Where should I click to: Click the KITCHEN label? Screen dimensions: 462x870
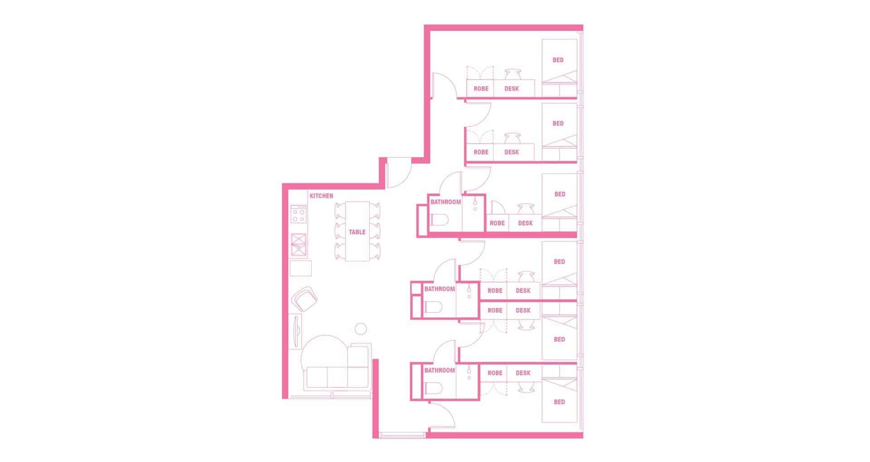[321, 196]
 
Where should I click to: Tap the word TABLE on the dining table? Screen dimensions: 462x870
[357, 232]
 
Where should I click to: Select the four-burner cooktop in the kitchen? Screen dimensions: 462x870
[299, 214]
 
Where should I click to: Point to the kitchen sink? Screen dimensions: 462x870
[299, 245]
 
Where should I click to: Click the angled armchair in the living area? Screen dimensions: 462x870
[305, 298]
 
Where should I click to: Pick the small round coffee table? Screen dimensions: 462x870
[361, 329]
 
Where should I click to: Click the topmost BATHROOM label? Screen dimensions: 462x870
[445, 202]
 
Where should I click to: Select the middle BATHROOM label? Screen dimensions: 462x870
[440, 289]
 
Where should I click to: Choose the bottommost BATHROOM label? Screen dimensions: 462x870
[440, 371]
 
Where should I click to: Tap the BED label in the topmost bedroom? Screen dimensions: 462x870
[558, 60]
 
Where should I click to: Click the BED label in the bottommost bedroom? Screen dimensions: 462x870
[560, 402]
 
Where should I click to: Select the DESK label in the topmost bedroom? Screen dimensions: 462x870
[512, 89]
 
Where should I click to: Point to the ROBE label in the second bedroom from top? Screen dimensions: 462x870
[481, 152]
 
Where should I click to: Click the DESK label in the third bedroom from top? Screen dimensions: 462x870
[525, 223]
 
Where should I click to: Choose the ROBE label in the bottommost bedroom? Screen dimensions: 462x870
[495, 373]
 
